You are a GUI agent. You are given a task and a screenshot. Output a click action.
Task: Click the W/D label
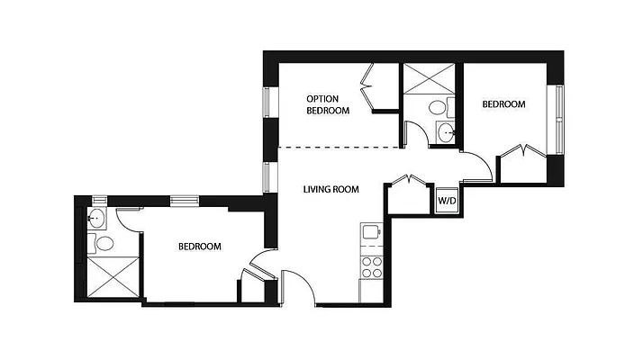[x=447, y=201]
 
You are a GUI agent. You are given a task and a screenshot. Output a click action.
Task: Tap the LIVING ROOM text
[x=331, y=190]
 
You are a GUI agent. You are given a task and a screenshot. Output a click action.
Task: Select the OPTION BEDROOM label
[x=328, y=104]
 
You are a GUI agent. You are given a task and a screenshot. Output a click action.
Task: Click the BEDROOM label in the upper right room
[x=503, y=104]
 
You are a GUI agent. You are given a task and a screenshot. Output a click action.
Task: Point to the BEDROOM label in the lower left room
[x=199, y=246]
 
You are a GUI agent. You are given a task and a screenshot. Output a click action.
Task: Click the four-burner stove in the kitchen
[x=372, y=266]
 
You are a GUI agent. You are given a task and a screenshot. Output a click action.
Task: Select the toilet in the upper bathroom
[x=437, y=107]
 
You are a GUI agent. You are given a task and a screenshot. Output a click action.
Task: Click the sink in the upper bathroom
[x=447, y=134]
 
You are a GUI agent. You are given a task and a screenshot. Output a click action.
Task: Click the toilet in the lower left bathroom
[x=103, y=242]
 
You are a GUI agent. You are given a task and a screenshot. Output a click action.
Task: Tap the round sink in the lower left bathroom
[x=96, y=218]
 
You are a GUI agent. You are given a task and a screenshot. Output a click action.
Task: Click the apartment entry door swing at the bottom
[x=298, y=288]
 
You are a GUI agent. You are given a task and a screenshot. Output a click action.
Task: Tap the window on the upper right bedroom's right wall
[x=558, y=117]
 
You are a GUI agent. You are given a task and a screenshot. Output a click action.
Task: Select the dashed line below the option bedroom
[x=340, y=147]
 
